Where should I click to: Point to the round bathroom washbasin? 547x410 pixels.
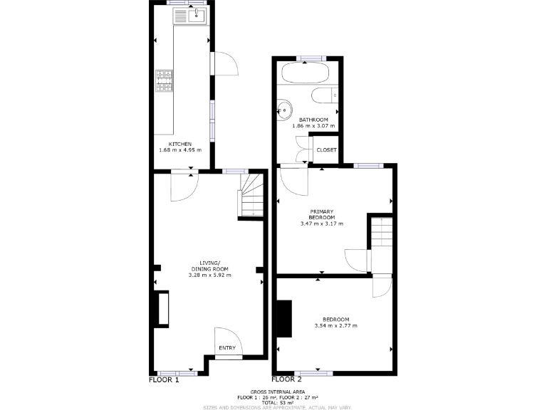tap(285, 110)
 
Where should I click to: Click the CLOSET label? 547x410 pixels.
tap(327, 150)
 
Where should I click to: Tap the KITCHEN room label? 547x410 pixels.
tap(179, 144)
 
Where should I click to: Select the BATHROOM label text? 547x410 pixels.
tap(313, 120)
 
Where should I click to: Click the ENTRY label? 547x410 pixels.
tap(227, 347)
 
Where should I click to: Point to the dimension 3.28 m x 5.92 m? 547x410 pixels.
tap(209, 275)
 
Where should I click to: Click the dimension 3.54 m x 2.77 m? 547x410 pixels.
tap(335, 325)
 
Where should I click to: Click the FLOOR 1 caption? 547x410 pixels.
tap(163, 380)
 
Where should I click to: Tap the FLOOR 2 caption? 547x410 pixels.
tap(287, 380)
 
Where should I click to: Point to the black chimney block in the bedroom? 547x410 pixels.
tap(284, 318)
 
